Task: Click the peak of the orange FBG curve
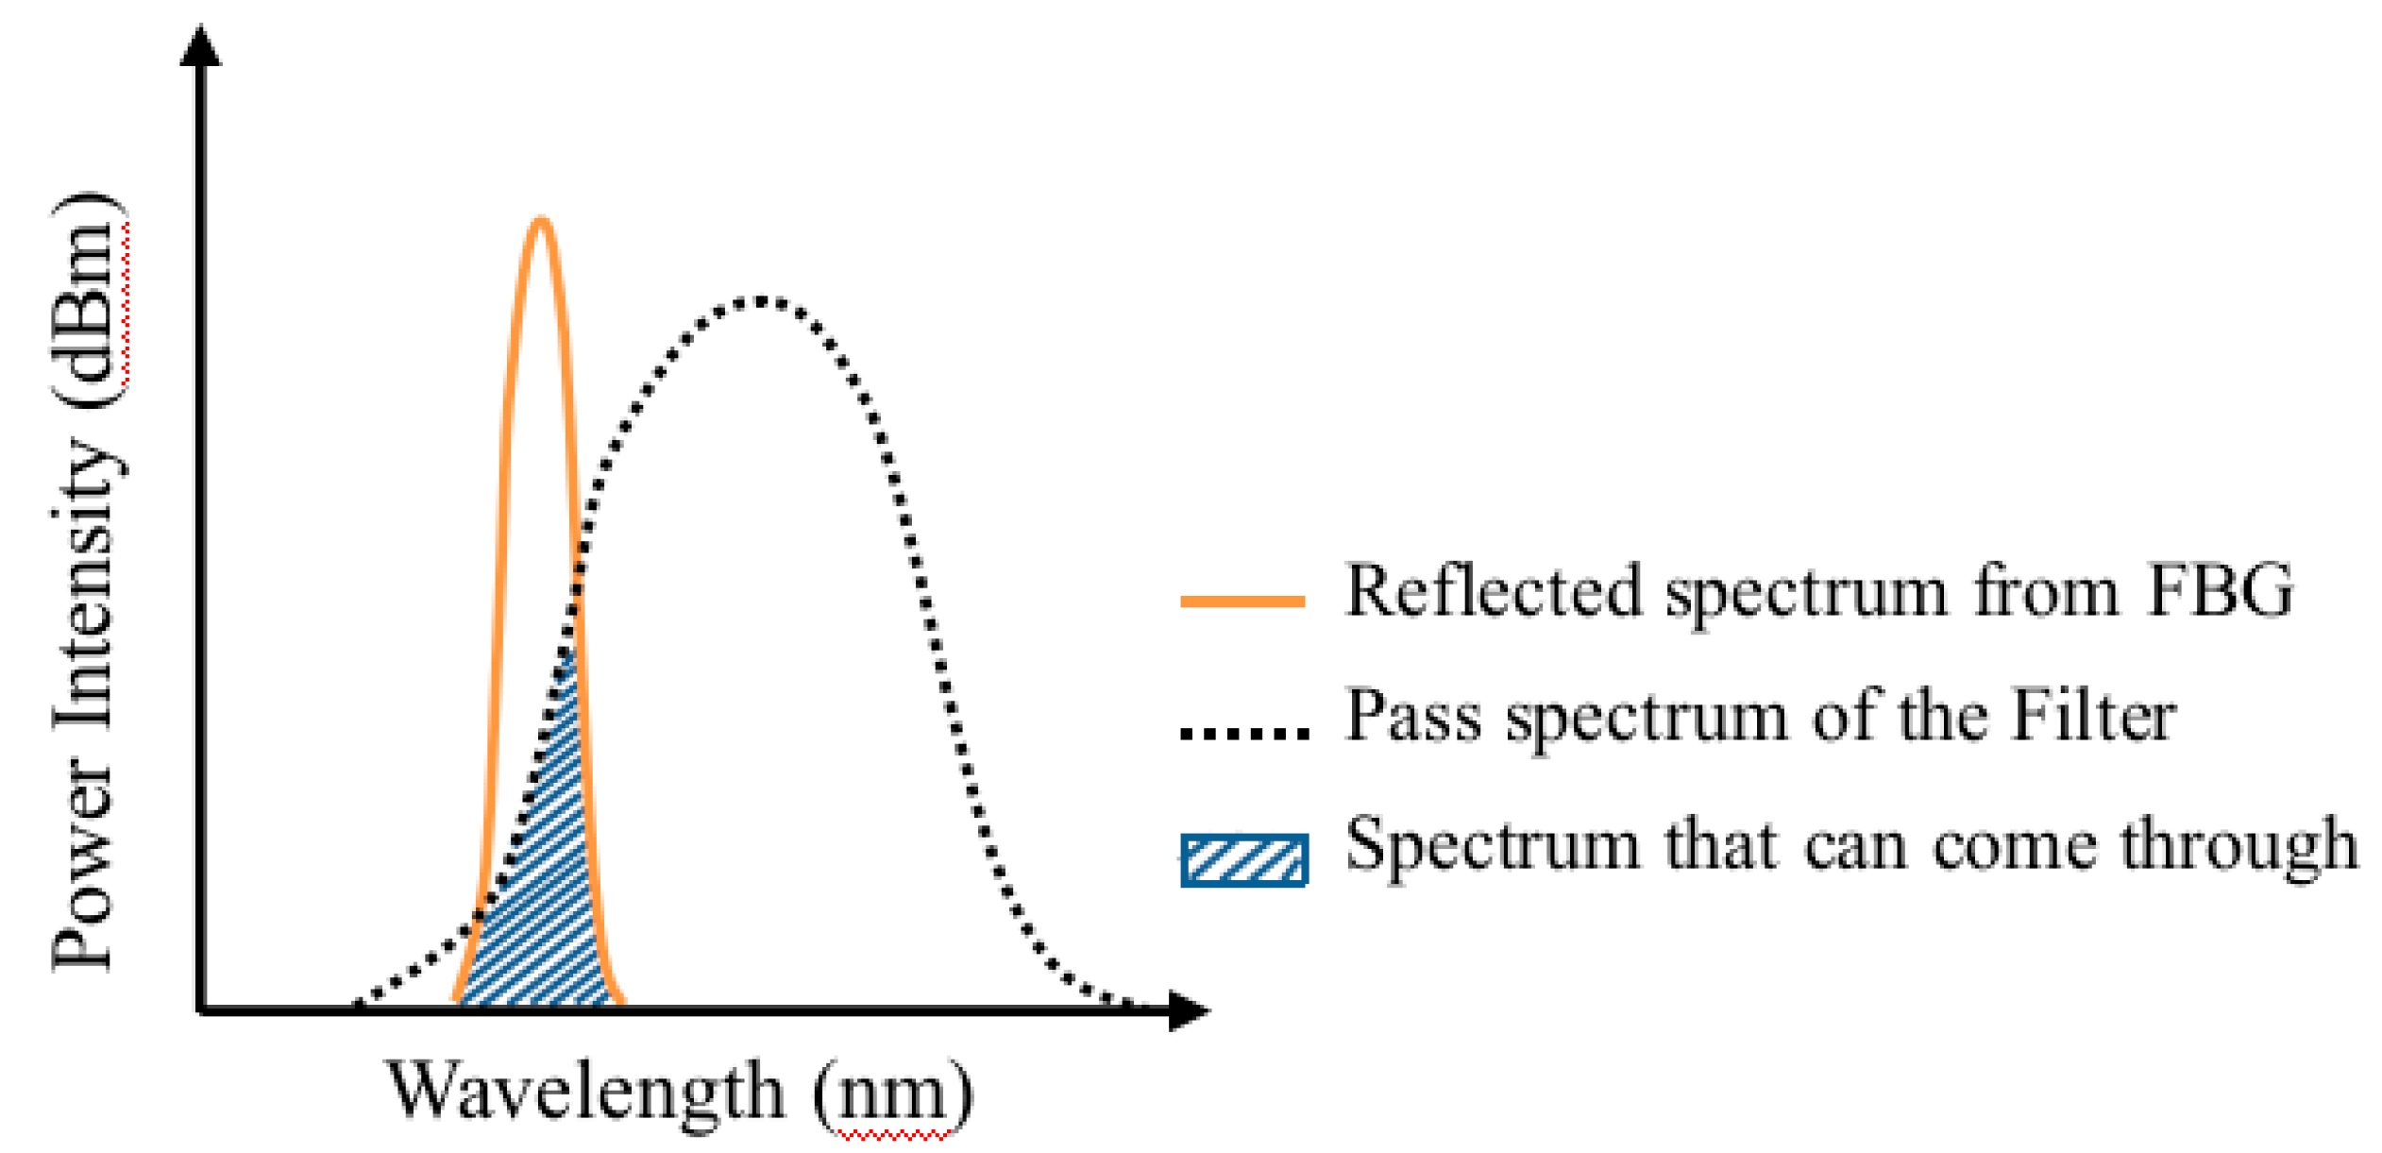540,220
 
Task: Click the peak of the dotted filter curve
761,302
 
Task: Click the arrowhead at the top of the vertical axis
200,45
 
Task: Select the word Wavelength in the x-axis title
585,1091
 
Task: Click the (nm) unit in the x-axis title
893,1093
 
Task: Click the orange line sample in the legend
1242,601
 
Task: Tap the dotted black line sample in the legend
1244,732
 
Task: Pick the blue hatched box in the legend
1244,860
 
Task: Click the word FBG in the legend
2220,591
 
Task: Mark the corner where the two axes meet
201,1010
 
